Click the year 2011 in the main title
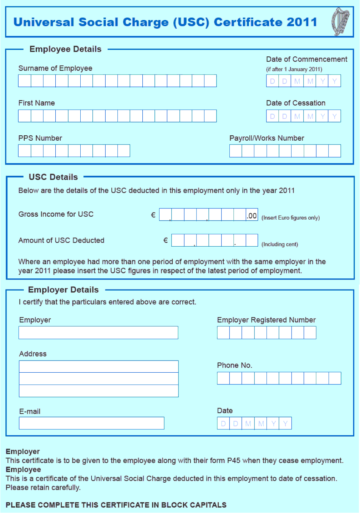click(x=302, y=22)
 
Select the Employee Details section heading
click(x=65, y=49)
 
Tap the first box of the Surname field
click(x=25, y=81)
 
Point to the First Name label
click(x=36, y=103)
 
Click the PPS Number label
click(x=40, y=138)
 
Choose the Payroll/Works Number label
click(x=267, y=138)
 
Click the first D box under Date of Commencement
click(x=273, y=81)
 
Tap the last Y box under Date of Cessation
click(x=335, y=116)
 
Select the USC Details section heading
click(x=53, y=177)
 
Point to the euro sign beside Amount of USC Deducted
click(x=165, y=240)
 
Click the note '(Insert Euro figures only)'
click(x=290, y=218)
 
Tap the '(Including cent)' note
click(x=280, y=244)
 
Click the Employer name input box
click(x=98, y=332)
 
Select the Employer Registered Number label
click(x=266, y=320)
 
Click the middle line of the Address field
click(x=98, y=379)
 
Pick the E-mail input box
click(x=91, y=423)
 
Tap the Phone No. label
click(x=234, y=365)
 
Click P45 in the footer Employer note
click(x=234, y=461)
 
